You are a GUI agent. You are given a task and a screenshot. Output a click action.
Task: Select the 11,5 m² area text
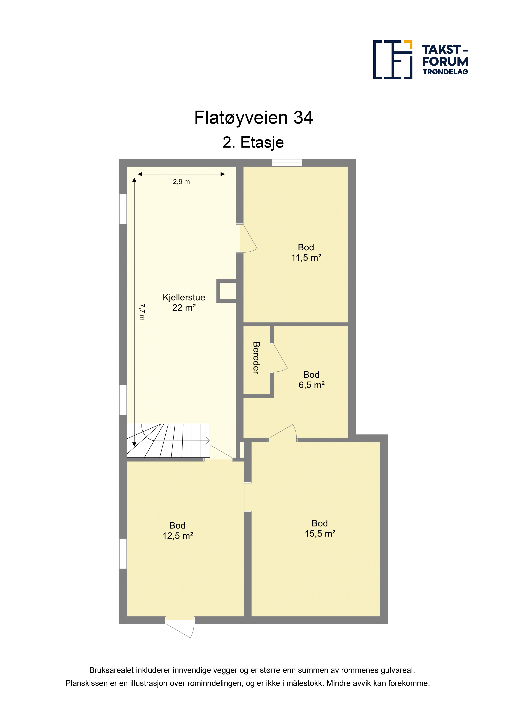coord(306,258)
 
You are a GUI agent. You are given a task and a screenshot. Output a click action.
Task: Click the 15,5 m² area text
coord(320,533)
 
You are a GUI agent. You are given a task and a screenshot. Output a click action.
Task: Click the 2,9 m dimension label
coord(181,182)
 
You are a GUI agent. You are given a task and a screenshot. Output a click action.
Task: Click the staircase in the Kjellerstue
coord(168,441)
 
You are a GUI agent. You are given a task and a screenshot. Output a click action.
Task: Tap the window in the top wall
coord(287,163)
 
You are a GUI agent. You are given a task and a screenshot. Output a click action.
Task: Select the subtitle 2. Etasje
coord(253,142)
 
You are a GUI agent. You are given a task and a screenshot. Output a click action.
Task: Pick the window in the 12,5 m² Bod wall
coord(123,554)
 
